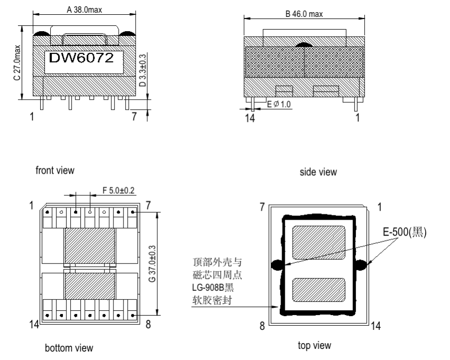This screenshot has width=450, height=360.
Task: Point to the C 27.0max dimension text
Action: coord(17,62)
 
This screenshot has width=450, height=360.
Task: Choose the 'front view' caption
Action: coord(55,170)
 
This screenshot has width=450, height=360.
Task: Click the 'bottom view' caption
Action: coord(69,348)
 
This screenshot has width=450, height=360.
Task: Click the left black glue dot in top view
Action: coord(276,264)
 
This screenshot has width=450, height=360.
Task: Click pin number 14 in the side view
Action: coord(250,118)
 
